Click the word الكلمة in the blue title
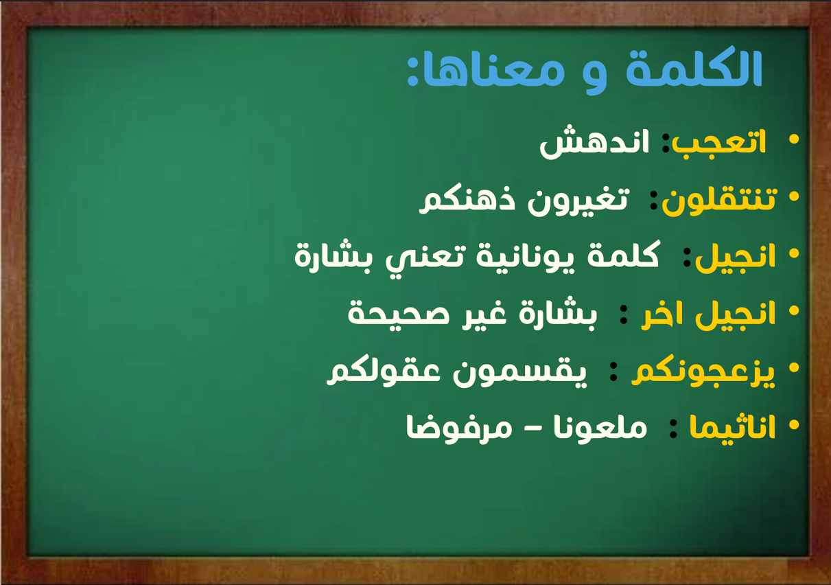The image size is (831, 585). click(694, 67)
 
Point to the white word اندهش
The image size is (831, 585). click(594, 142)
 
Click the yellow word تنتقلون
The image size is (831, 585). click(719, 200)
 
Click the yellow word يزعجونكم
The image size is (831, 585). click(703, 373)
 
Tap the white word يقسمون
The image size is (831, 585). click(519, 373)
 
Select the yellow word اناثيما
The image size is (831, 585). click(732, 427)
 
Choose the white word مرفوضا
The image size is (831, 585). click(459, 428)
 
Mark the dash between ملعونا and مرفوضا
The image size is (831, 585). click(532, 431)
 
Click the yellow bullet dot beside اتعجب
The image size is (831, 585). click(793, 139)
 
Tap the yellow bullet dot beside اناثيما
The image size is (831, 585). click(793, 424)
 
